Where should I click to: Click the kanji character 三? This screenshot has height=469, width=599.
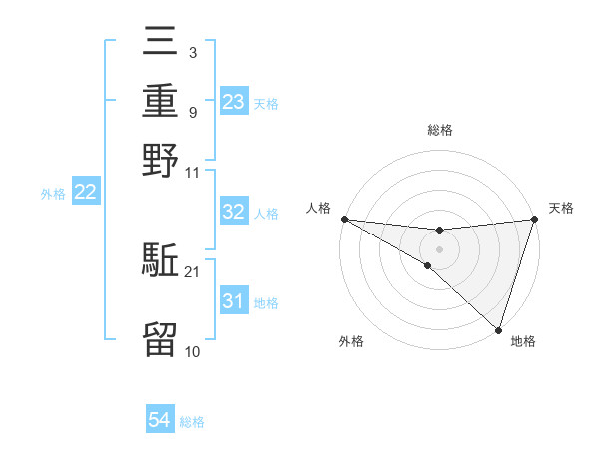161,42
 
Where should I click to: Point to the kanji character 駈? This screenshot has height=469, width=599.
161,261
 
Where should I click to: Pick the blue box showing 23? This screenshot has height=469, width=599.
233,101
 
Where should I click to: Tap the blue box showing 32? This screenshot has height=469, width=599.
233,212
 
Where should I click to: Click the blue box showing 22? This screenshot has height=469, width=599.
85,193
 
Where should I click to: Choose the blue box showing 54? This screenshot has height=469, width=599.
160,421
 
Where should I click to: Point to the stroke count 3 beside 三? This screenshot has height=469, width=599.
191,51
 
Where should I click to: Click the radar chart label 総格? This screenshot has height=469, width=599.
439,130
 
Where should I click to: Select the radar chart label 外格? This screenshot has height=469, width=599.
351,341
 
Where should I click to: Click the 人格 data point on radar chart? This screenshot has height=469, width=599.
344,219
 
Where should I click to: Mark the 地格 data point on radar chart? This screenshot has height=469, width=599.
498,329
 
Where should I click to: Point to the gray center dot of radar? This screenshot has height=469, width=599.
439,248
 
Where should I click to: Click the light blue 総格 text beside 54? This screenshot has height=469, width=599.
192,422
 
